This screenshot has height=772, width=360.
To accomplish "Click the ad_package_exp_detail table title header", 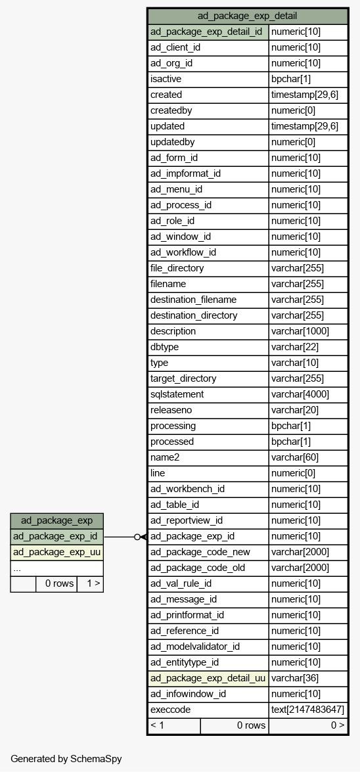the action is point(247,16).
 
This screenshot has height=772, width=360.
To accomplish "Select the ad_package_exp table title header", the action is point(56,521).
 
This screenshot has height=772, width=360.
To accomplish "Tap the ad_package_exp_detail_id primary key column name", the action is point(208,32).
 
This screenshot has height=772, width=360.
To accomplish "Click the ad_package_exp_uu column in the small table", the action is point(56,553).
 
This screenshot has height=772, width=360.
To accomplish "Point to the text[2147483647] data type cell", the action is point(308,710).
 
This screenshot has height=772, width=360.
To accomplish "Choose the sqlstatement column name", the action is point(208,394).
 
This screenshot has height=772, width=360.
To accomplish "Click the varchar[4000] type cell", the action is point(308,394).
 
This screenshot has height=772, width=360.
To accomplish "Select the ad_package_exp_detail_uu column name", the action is point(208,679).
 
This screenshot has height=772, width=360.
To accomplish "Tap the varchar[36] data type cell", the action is point(308,679).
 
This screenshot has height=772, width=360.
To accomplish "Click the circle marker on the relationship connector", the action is point(137,537).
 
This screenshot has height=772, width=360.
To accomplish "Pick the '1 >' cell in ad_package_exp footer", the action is point(90,584).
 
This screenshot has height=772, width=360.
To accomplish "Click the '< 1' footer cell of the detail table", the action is point(174,726).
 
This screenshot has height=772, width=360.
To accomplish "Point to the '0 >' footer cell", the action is point(308,726).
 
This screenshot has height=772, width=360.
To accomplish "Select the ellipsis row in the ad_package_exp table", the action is point(56,568).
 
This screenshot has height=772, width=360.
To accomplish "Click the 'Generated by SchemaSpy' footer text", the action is point(66,759).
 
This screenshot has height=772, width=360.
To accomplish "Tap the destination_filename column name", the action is point(208,300).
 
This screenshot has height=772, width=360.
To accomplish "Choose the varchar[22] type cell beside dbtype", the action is point(308,347).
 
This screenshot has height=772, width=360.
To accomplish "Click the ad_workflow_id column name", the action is point(208,252).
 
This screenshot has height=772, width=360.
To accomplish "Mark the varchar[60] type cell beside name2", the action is point(308,457).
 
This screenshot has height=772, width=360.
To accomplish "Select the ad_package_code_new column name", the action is point(208,553).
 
